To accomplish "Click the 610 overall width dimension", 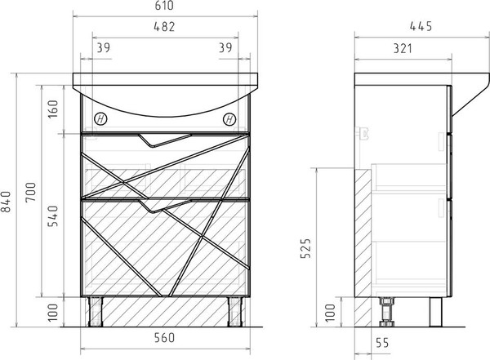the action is point(164,6).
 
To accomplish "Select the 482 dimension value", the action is point(164,27).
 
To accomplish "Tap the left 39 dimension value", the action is point(103,48).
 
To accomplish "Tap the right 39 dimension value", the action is point(225,48).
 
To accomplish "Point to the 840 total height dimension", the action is point(6,202).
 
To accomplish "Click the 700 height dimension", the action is point(31,192).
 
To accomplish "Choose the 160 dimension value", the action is point(53,109).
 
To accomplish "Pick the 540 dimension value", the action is point(53,216).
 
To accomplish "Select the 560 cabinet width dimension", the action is point(164,338).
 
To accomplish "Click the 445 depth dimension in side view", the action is point(421,27).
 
